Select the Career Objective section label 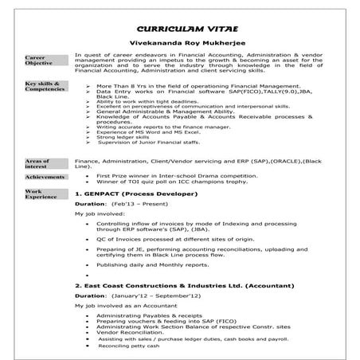[41, 61]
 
